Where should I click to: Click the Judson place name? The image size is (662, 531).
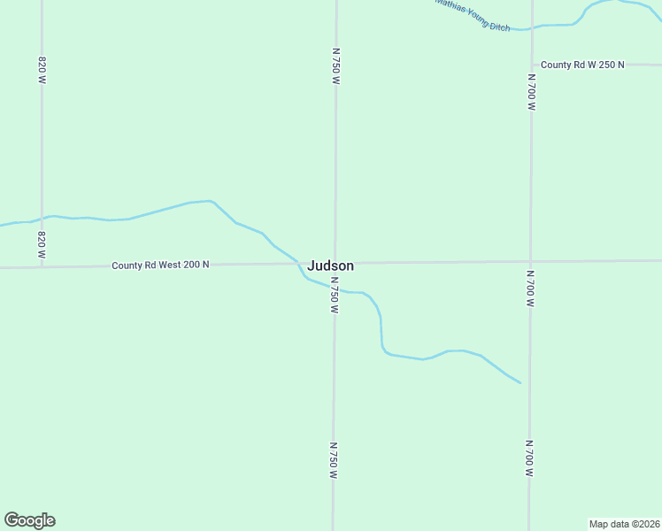point(331,265)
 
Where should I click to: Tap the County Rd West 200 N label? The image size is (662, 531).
point(160,265)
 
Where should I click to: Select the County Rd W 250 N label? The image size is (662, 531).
point(582,65)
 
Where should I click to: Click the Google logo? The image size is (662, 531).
point(29,520)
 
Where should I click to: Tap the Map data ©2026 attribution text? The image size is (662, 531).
point(624,523)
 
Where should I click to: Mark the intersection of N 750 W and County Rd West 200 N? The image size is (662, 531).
point(335,263)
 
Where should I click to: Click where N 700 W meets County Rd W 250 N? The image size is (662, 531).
point(532,65)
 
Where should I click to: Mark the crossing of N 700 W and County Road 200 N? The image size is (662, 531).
point(531,262)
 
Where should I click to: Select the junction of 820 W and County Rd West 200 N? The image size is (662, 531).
point(42,265)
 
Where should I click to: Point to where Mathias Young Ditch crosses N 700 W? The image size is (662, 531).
point(532,28)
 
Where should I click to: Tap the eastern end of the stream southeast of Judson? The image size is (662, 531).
point(520,383)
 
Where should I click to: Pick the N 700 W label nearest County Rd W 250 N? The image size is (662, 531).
point(532,92)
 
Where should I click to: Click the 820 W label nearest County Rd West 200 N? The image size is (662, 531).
point(42,244)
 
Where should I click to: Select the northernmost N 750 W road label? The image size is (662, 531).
point(335,66)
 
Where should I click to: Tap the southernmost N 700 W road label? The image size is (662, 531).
point(529,458)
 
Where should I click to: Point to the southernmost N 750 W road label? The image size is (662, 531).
point(334,461)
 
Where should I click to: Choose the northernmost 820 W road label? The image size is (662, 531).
point(42,70)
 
